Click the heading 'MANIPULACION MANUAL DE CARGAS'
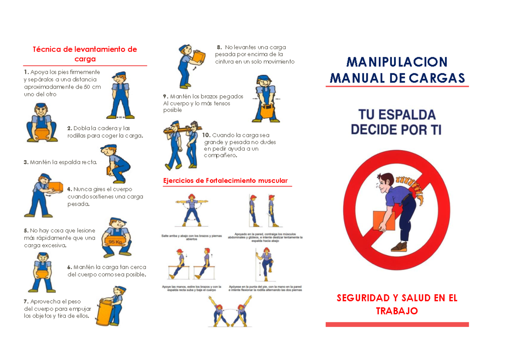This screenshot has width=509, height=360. [397, 70]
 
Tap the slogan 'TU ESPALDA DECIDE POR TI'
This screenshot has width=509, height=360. [397, 122]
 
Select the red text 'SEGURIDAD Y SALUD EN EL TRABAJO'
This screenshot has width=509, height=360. [397, 304]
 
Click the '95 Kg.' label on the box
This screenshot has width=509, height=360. [115, 242]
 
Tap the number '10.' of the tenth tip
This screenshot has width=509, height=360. [206, 135]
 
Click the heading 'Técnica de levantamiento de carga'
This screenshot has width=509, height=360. [85, 54]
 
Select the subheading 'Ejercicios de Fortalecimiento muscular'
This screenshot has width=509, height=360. [225, 181]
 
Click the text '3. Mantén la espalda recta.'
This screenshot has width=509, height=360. [60, 162]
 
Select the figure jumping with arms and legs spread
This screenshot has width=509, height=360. [191, 210]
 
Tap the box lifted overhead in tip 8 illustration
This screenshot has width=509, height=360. [199, 56]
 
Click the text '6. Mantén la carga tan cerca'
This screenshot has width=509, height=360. [106, 267]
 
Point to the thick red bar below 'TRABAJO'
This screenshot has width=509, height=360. [397, 324]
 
